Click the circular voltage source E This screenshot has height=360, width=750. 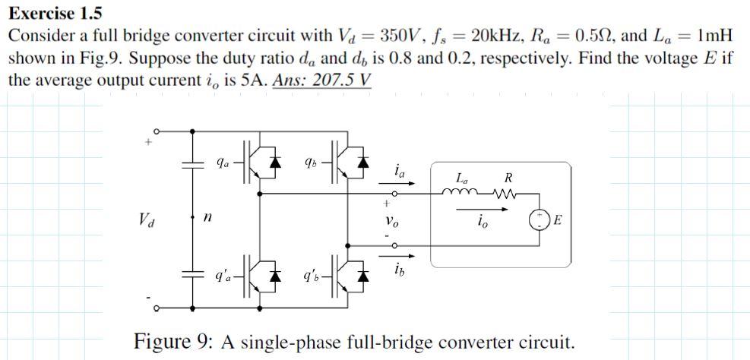tap(540, 222)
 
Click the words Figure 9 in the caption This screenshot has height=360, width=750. tap(174, 339)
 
